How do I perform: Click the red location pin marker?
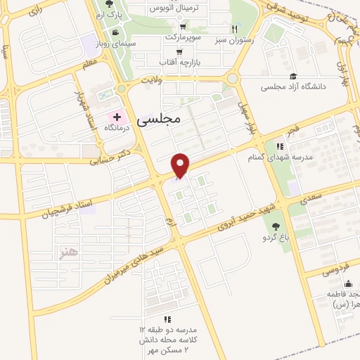point(181,165)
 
